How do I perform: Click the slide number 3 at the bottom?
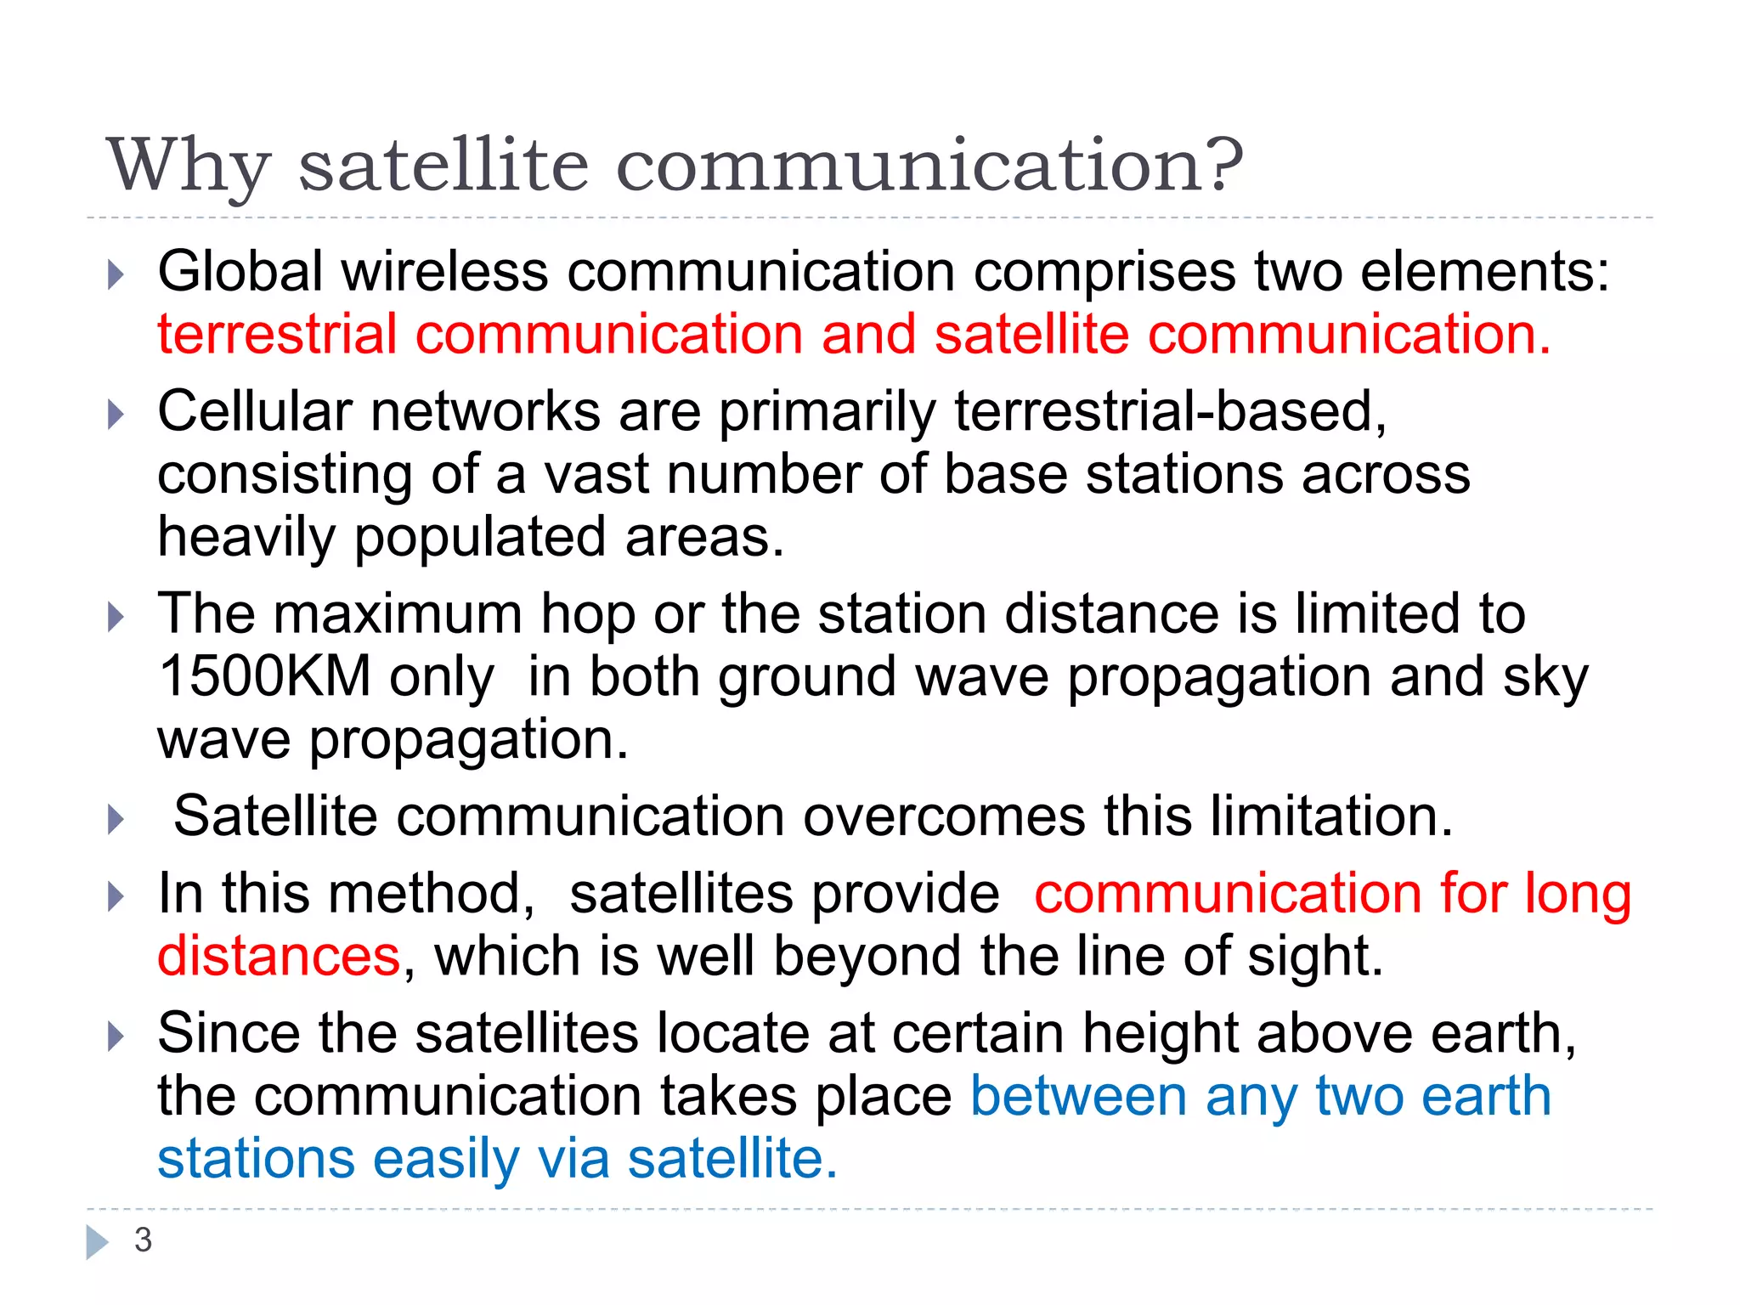[143, 1240]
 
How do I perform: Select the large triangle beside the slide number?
[98, 1241]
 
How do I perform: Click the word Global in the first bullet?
[240, 272]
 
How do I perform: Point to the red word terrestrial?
[277, 334]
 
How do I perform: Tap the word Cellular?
[255, 412]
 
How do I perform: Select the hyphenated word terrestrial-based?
[1171, 412]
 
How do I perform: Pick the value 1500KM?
[265, 677]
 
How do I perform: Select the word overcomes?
[944, 816]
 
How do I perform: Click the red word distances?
[279, 957]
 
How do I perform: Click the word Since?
[229, 1034]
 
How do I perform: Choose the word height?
[1161, 1034]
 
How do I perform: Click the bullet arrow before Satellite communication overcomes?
[116, 819]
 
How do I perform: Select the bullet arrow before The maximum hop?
[116, 617]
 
